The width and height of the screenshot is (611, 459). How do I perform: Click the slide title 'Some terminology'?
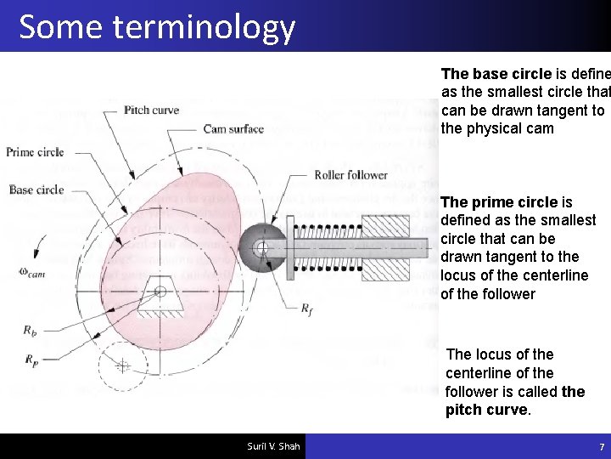[157, 27]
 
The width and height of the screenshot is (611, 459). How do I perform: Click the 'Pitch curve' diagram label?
[151, 110]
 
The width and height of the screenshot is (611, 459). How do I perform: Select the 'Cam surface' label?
[233, 129]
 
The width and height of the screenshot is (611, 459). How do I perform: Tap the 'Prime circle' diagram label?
[35, 152]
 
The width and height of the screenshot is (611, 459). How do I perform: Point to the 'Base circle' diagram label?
[36, 190]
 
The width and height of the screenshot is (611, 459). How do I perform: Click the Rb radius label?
[30, 329]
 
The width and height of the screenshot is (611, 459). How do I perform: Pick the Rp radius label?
[31, 360]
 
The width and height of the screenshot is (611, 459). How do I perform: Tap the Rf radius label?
[307, 309]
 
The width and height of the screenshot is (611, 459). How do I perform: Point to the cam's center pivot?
[160, 292]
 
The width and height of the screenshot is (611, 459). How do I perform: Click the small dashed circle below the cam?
[122, 365]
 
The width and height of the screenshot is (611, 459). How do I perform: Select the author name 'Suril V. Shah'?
[273, 446]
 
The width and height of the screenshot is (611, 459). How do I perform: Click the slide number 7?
[601, 446]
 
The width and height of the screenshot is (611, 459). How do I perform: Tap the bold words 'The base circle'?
[496, 74]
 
